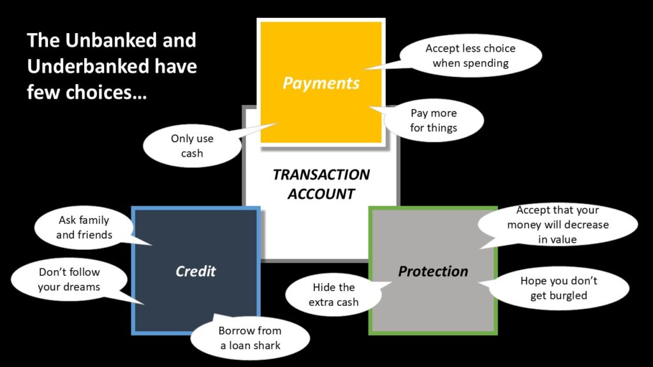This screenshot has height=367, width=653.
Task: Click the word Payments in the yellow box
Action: (321, 83)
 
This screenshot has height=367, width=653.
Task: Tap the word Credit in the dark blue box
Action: (196, 271)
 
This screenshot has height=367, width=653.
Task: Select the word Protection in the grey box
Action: (433, 271)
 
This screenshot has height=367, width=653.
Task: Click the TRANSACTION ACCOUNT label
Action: (321, 183)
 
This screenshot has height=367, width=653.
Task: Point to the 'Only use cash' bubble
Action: (191, 146)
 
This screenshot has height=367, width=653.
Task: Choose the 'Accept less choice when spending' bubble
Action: (471, 55)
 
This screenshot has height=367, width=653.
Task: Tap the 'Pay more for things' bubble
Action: (434, 120)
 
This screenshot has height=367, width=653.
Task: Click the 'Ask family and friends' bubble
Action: (84, 227)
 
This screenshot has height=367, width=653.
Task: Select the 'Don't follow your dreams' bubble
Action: (69, 280)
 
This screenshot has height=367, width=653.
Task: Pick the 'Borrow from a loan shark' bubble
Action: (250, 338)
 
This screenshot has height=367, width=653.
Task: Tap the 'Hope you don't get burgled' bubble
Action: (559, 288)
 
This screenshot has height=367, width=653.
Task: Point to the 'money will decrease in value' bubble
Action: (558, 225)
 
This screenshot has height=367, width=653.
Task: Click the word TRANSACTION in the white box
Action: (321, 175)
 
